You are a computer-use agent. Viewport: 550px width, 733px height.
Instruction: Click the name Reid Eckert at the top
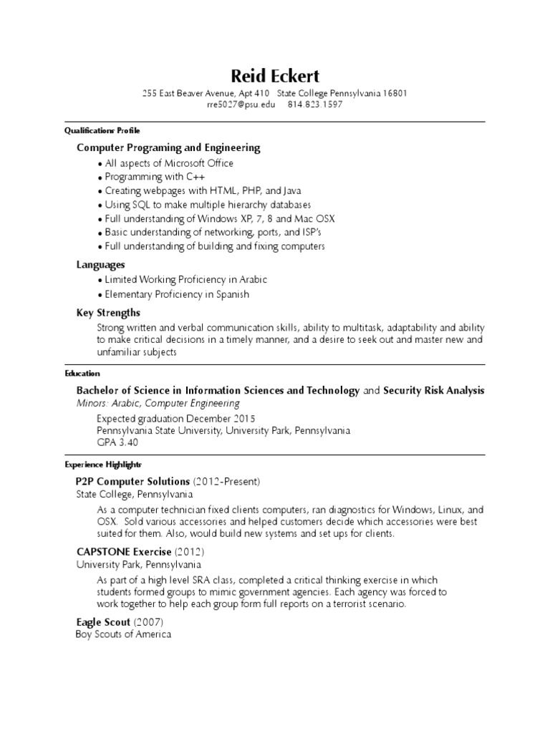[275, 75]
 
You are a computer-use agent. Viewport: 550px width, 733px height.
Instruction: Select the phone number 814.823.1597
[315, 105]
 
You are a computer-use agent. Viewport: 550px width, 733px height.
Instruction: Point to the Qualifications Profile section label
[102, 131]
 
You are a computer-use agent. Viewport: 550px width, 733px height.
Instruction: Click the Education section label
[82, 374]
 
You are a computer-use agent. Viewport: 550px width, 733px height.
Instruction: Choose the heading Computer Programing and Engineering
[168, 147]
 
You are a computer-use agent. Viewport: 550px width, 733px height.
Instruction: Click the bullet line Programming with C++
[148, 177]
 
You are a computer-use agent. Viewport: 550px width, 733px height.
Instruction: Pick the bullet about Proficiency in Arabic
[185, 280]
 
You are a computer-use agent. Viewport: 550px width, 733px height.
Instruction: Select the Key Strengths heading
[108, 313]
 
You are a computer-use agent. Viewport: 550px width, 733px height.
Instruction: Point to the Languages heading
[101, 265]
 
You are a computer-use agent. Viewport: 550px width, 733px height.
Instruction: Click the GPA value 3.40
[127, 442]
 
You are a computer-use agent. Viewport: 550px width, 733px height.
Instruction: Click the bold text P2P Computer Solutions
[133, 480]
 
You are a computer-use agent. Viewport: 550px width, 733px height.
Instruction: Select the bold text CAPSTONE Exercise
[124, 552]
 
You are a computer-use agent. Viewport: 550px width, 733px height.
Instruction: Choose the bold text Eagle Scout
[103, 623]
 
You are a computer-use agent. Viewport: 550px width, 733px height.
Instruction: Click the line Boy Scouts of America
[123, 635]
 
